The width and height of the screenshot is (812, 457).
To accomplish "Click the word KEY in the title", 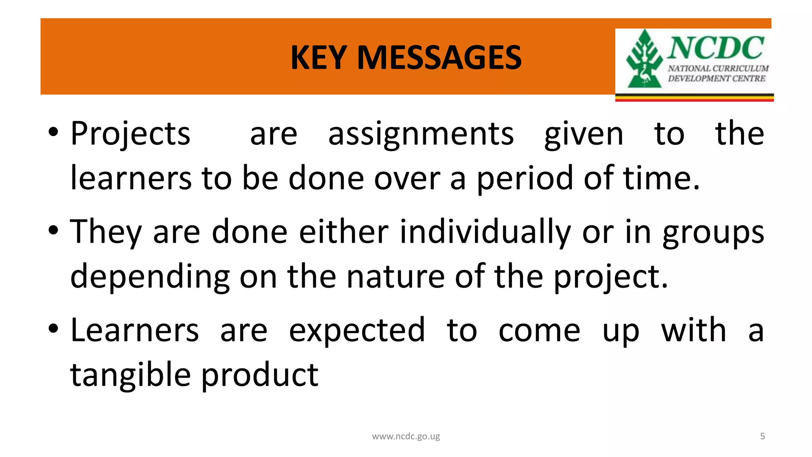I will click(x=319, y=58).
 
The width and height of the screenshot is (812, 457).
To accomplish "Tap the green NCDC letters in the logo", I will click(x=716, y=48).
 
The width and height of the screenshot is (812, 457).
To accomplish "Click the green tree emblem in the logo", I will click(x=644, y=60).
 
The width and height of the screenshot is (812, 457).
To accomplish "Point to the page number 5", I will click(x=762, y=436).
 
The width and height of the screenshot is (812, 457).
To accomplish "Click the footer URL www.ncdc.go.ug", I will click(x=406, y=436).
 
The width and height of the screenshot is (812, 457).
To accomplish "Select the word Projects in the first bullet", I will click(x=130, y=134).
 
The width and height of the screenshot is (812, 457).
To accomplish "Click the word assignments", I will click(x=421, y=134).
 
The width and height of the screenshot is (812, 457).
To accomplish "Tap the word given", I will click(x=584, y=134).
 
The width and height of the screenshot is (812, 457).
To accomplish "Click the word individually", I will click(x=485, y=232).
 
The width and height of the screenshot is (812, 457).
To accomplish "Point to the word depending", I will click(x=150, y=277).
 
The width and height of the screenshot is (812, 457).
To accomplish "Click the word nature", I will click(x=395, y=277).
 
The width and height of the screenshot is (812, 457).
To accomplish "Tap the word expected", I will click(x=357, y=331).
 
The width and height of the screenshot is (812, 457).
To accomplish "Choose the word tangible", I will click(x=130, y=375).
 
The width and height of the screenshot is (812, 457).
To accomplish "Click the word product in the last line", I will click(x=260, y=375).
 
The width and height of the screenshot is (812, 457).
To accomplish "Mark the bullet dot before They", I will click(x=54, y=230).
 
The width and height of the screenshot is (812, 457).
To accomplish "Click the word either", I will click(x=343, y=232).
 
